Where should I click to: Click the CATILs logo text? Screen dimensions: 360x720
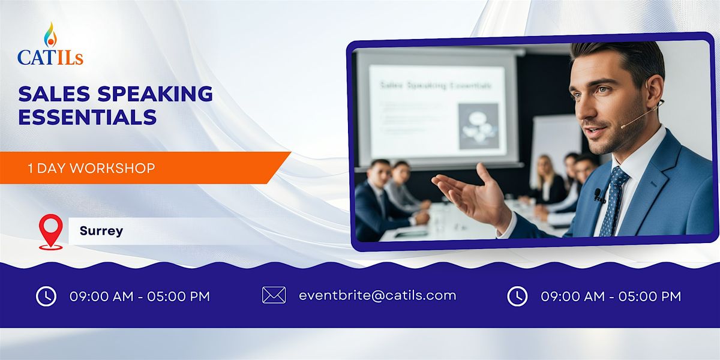click(50, 57)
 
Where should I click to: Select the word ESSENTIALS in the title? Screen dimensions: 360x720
click(88, 117)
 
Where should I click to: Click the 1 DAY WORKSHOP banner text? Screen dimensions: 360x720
click(91, 168)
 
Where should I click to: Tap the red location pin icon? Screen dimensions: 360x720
click(50, 232)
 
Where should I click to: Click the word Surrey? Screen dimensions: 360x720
click(101, 231)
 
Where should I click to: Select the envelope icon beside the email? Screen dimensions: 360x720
click(274, 295)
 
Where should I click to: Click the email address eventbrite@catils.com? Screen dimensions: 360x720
click(377, 295)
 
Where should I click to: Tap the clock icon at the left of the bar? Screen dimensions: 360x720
click(46, 296)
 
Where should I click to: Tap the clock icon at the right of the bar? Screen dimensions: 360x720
click(517, 296)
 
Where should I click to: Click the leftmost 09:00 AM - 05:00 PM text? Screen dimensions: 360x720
click(140, 296)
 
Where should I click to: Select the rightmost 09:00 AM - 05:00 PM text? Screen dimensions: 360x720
click(611, 296)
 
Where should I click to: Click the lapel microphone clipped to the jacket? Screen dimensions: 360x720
click(598, 195)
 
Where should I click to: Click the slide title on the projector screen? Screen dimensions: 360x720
click(435, 85)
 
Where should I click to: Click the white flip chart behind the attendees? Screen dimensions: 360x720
click(555, 144)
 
